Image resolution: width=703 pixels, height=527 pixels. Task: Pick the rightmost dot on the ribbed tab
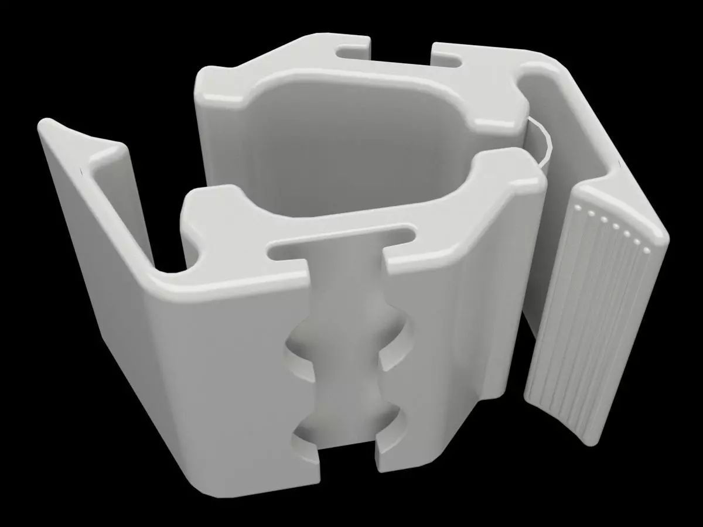tap(646, 251)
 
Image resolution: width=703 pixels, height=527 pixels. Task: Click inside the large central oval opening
tap(351, 146)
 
